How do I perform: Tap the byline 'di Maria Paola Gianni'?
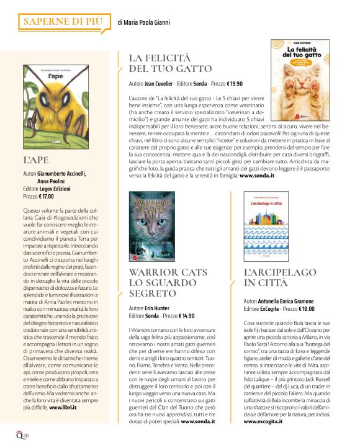(x=144, y=23)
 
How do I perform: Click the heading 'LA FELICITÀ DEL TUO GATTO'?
(x=170, y=63)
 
